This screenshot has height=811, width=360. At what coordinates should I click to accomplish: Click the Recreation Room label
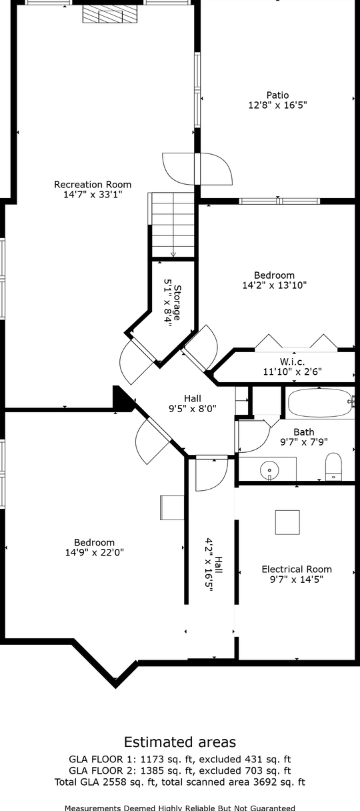[93, 185]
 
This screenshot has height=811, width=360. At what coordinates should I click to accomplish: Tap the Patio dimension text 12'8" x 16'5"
[277, 105]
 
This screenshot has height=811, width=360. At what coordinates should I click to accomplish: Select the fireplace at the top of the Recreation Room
[110, 15]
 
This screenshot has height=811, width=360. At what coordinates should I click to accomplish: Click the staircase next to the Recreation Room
[173, 225]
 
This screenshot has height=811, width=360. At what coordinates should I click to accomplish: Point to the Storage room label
[177, 303]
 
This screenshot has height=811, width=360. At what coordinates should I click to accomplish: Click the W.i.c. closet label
[292, 361]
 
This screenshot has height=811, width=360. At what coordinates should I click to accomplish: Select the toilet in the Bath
[333, 466]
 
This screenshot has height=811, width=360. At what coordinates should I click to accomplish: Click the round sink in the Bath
[269, 470]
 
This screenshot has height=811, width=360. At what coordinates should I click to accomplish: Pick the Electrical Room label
[297, 570]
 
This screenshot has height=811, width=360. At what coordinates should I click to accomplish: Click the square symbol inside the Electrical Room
[287, 522]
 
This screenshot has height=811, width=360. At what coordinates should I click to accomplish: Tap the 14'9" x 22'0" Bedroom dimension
[95, 552]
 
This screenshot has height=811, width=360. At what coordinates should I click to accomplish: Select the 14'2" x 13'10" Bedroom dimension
[274, 285]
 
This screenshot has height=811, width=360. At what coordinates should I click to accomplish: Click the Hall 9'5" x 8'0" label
[193, 403]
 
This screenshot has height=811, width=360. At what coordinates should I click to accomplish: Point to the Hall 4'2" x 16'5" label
[213, 565]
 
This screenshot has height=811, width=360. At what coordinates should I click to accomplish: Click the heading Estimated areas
[180, 742]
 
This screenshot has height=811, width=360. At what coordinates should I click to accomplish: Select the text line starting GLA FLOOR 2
[180, 770]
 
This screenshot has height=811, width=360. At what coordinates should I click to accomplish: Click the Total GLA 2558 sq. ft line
[180, 782]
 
